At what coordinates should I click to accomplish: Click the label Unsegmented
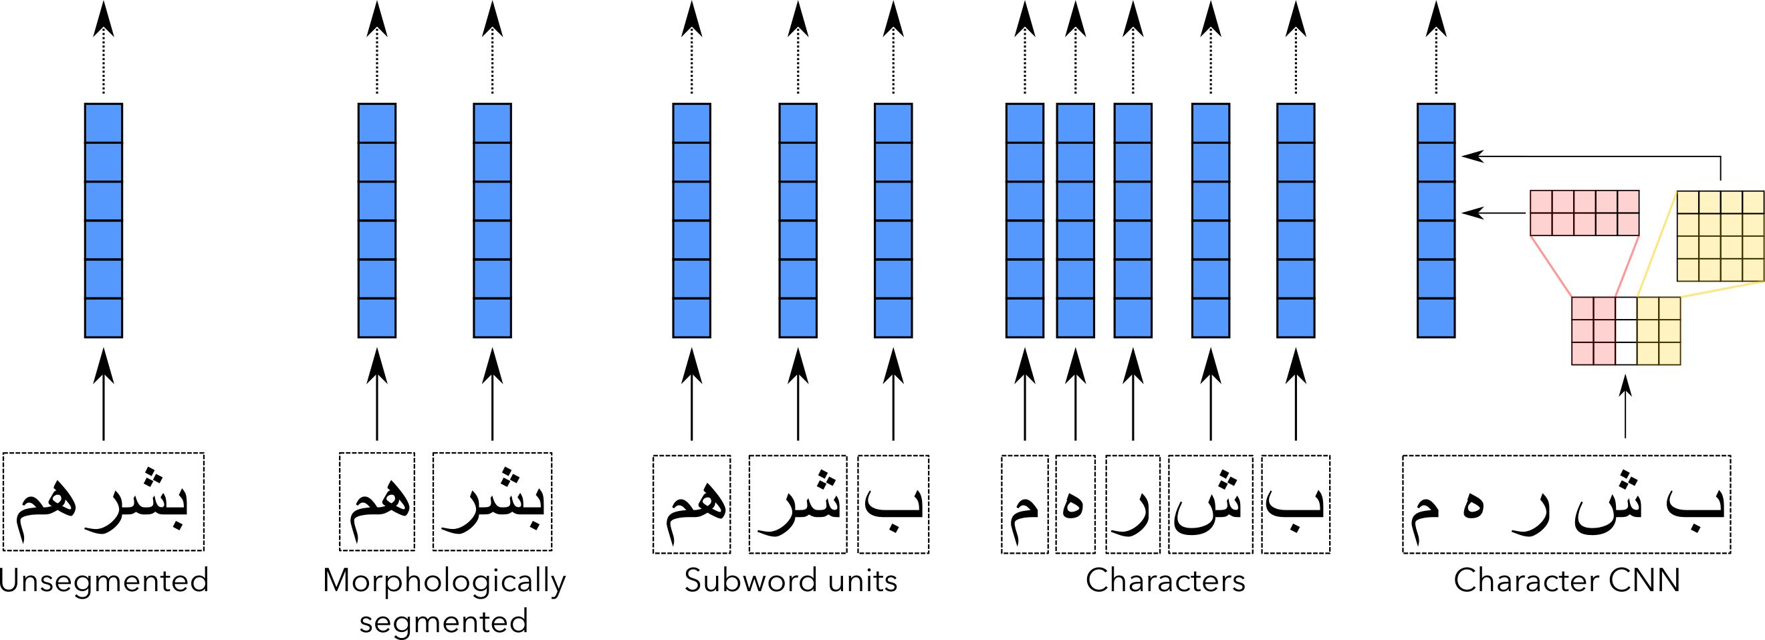(104, 581)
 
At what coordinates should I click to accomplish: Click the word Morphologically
(444, 581)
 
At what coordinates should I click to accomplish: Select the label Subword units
(791, 581)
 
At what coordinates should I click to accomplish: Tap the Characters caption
(1165, 581)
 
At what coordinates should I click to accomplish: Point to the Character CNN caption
(1566, 581)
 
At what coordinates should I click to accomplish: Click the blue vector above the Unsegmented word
(104, 220)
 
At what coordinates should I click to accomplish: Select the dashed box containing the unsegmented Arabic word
(104, 501)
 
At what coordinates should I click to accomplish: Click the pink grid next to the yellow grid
(1584, 213)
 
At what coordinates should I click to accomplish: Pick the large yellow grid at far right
(1720, 235)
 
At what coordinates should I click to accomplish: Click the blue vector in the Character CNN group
(1435, 220)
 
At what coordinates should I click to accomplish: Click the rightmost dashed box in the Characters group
(1295, 504)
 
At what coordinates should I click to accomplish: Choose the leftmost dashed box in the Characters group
(1024, 504)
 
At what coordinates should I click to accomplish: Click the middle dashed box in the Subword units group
(798, 504)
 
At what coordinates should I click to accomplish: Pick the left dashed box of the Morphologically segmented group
(377, 501)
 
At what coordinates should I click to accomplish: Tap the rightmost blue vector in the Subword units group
(893, 220)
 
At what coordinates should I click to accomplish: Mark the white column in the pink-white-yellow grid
(1625, 330)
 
